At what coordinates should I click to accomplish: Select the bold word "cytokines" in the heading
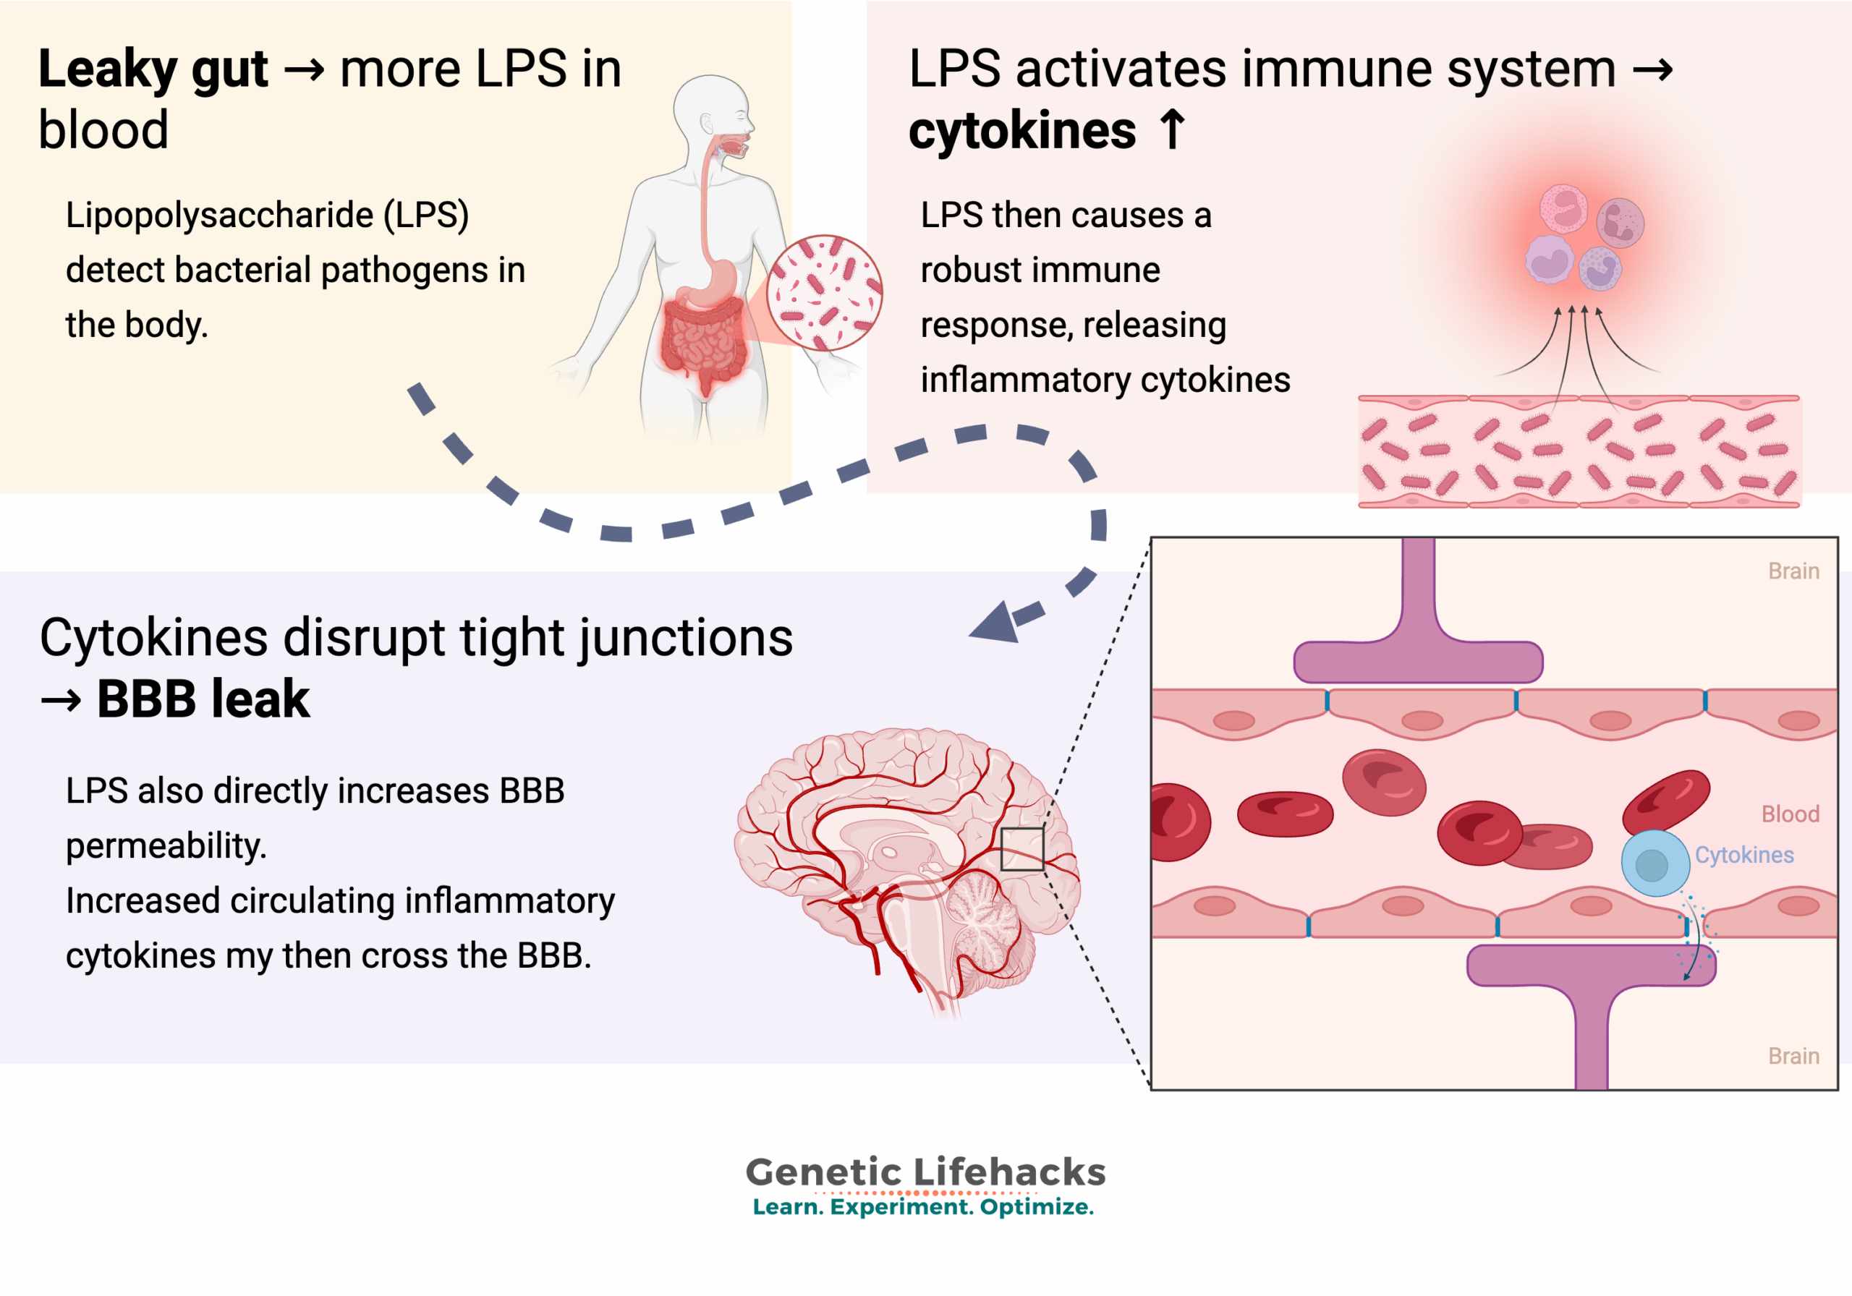[x=1022, y=131]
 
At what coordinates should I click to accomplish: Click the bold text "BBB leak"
[x=203, y=699]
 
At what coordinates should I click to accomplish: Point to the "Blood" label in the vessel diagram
[x=1790, y=814]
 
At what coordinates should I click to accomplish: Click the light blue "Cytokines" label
[x=1744, y=855]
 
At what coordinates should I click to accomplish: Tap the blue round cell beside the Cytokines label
[x=1655, y=863]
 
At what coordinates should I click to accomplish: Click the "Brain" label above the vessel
[x=1793, y=571]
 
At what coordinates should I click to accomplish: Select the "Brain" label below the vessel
[x=1793, y=1056]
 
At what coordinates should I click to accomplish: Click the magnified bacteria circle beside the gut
[x=825, y=293]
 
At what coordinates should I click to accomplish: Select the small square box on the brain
[x=1022, y=849]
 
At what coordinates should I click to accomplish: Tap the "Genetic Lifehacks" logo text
[x=925, y=1172]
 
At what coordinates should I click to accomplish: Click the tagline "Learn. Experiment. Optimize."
[x=924, y=1207]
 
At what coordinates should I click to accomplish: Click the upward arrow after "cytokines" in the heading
[x=1172, y=130]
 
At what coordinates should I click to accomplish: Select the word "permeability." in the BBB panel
[x=166, y=846]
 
